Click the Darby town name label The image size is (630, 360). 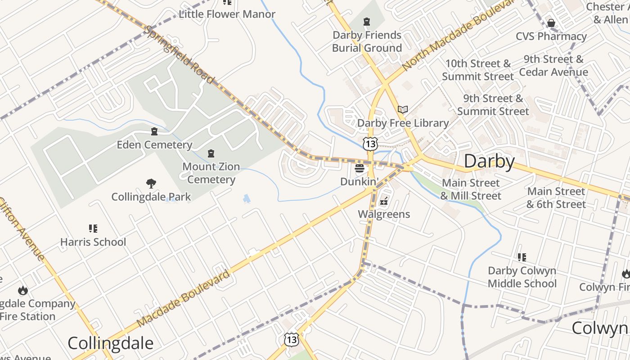[489, 161]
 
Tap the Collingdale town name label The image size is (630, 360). [110, 343]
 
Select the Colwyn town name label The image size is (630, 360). [600, 328]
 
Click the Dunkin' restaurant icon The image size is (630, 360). [359, 169]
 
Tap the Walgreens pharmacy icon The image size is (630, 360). [384, 201]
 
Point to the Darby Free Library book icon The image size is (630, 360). [403, 109]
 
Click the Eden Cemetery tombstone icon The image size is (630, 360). [154, 131]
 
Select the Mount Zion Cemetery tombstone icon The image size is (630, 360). [211, 153]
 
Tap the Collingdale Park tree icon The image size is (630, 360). [151, 183]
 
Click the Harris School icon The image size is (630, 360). [93, 229]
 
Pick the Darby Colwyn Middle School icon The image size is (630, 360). [522, 257]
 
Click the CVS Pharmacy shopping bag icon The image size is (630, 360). [551, 22]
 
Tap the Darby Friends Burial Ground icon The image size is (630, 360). [367, 22]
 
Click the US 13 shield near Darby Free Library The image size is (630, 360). [370, 144]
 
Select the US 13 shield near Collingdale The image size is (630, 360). [291, 339]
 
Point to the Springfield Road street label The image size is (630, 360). [180, 54]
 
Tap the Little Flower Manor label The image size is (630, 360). [227, 14]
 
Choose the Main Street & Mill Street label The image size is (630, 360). [470, 189]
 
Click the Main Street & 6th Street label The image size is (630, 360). [556, 198]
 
